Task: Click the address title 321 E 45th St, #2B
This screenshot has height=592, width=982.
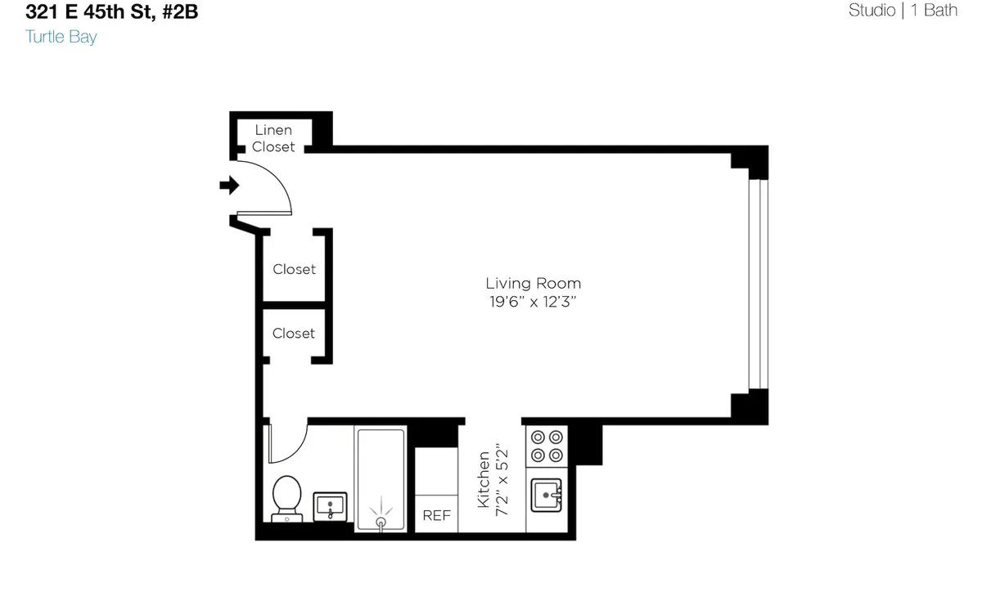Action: (110, 12)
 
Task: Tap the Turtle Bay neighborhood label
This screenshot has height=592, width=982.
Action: (61, 37)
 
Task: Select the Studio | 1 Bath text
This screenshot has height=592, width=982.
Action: (903, 11)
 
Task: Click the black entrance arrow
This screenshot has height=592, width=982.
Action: (229, 186)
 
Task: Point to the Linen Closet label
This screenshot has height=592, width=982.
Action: (273, 138)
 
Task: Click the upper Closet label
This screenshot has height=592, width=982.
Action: (294, 269)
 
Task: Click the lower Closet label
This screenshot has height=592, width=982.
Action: (294, 334)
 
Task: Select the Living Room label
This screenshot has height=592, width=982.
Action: (533, 284)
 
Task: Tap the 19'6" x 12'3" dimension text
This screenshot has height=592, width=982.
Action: (533, 302)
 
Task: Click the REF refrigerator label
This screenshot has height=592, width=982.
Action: (436, 516)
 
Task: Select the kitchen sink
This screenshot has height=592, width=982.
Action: (547, 495)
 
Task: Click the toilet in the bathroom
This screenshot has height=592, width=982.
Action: (286, 498)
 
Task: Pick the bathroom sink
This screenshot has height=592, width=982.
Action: (331, 505)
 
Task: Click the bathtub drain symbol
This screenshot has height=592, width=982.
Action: (381, 521)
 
